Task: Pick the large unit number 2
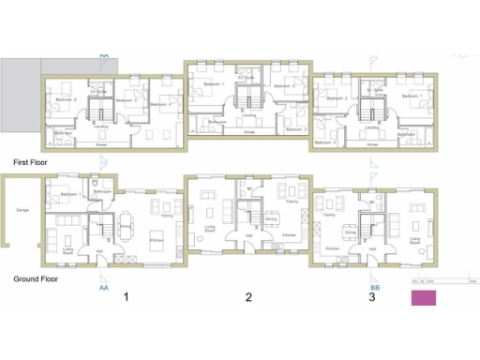click(248, 298)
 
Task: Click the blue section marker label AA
click(102, 288)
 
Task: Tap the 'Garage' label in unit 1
click(22, 210)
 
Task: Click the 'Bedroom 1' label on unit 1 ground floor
click(67, 194)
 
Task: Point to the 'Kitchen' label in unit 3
click(331, 248)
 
